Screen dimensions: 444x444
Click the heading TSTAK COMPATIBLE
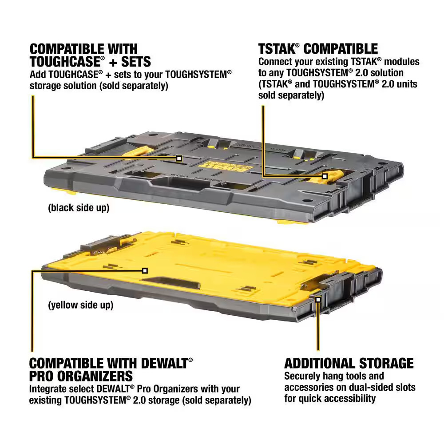(318, 48)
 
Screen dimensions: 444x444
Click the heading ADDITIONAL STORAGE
(349, 363)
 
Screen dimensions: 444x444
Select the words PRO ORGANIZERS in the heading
(81, 376)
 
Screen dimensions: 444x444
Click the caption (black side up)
(79, 208)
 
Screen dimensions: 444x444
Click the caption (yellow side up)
(80, 305)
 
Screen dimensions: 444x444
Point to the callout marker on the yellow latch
(325, 176)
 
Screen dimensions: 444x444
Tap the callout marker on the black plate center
(179, 158)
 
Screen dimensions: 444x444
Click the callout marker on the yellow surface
(144, 270)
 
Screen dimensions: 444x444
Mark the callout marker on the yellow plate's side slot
(318, 300)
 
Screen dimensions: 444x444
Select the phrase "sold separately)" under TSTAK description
(291, 95)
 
